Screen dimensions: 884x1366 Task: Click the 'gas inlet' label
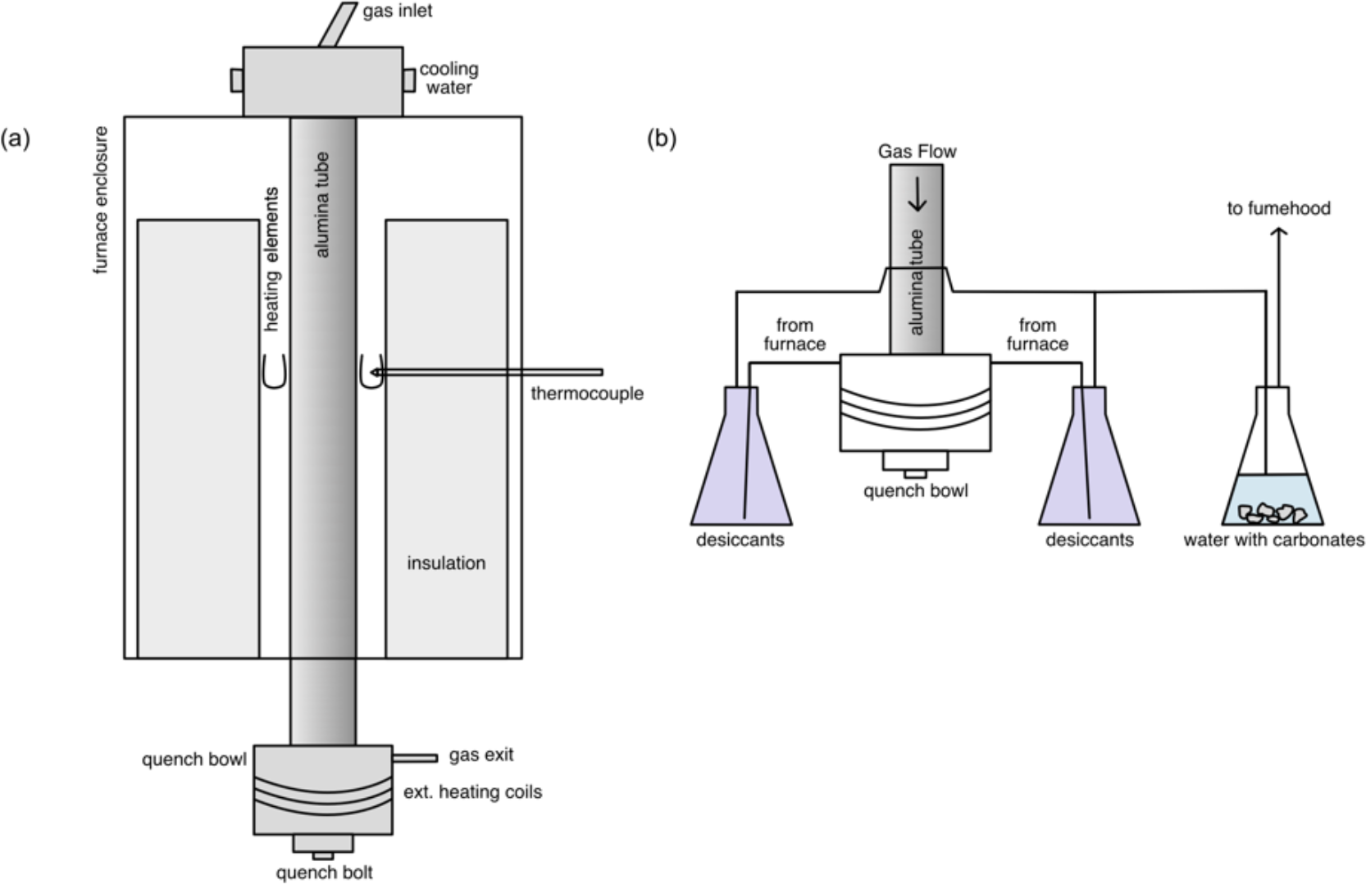click(x=398, y=11)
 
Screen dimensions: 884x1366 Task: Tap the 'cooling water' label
click(x=449, y=78)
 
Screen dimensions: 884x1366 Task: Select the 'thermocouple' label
click(x=586, y=394)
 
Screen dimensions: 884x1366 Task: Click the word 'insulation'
click(x=446, y=563)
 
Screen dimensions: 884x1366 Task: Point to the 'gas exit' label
click(x=481, y=754)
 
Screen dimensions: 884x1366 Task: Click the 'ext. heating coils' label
click(x=472, y=792)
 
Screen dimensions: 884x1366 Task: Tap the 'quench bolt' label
click(x=324, y=873)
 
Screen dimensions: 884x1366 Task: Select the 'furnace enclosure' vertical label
click(x=101, y=200)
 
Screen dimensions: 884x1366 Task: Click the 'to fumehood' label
click(x=1278, y=208)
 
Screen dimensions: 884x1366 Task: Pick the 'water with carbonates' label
click(x=1273, y=540)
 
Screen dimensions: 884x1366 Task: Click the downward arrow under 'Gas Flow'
click(x=917, y=195)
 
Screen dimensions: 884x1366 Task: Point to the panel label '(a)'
click(x=15, y=138)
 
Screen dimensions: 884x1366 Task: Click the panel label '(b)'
click(x=662, y=138)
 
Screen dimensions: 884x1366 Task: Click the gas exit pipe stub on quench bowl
click(x=415, y=757)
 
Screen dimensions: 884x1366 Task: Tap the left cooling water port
click(x=236, y=80)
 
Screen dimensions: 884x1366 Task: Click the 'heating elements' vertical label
click(x=271, y=259)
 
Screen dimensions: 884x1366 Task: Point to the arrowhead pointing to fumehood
click(x=1278, y=232)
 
